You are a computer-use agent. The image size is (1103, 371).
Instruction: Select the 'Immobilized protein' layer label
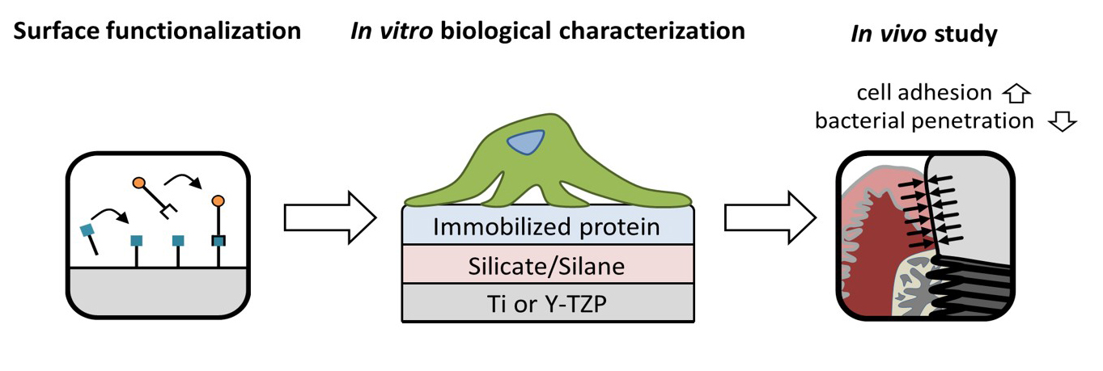(547, 227)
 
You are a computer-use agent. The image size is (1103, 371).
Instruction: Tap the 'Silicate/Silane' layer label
(547, 265)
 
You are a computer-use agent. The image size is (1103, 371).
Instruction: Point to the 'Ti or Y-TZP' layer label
(547, 303)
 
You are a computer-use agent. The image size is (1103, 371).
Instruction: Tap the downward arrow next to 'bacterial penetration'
(1061, 121)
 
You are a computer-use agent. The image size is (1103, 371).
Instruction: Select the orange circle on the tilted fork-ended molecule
(139, 183)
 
